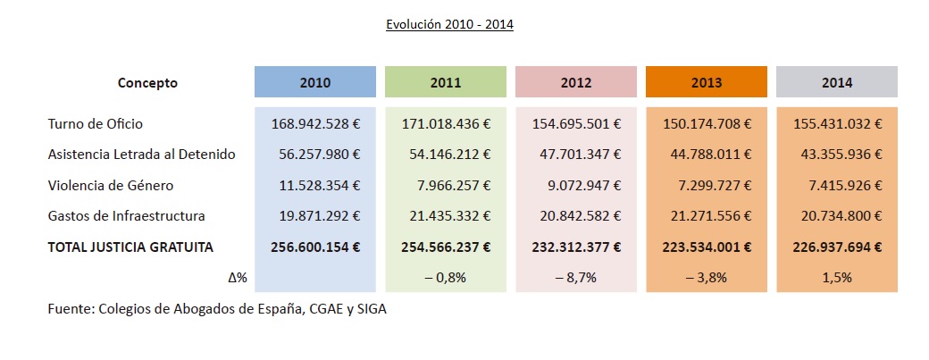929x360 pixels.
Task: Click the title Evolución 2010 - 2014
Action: coord(449,25)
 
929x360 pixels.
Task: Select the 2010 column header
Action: coord(315,82)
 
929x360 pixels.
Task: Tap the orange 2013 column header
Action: coord(707,82)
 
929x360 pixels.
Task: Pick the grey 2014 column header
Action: coord(837,82)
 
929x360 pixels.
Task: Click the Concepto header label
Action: coord(147,82)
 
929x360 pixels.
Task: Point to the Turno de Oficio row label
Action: coord(95,124)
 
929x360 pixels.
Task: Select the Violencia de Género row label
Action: coord(111,186)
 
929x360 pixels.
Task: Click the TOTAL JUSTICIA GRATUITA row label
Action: coord(130,247)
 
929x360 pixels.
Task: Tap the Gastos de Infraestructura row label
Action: coord(127,216)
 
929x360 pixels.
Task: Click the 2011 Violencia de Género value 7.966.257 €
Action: coord(452,186)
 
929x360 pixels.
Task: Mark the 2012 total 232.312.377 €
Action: coord(576,247)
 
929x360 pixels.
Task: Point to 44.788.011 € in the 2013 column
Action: coord(707,155)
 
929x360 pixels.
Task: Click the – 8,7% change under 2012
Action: coord(576,278)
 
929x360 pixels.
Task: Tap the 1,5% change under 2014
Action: coord(837,278)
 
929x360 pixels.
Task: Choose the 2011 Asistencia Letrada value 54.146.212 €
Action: coord(445,155)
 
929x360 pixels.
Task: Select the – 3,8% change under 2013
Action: coord(707,278)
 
